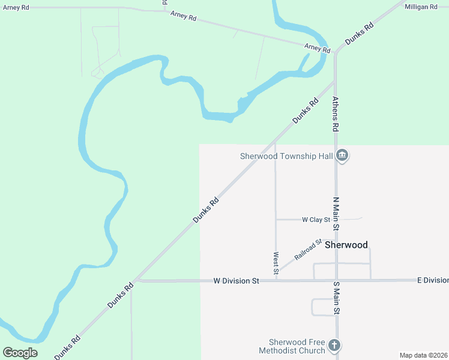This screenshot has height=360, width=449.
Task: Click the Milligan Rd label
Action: click(x=421, y=6)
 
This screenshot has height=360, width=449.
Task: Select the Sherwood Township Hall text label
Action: click(x=286, y=156)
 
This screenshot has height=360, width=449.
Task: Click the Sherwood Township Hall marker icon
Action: click(x=342, y=156)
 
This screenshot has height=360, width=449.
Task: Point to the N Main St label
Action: click(x=336, y=214)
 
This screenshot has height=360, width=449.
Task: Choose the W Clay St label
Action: click(x=316, y=220)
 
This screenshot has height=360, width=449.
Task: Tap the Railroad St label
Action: click(x=309, y=249)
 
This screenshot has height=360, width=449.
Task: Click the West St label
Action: click(x=276, y=263)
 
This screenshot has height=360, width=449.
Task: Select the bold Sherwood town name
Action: click(x=346, y=245)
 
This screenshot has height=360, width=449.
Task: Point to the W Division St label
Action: click(x=236, y=280)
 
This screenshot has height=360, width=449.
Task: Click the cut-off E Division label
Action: click(x=433, y=280)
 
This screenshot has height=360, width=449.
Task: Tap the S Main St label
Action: click(x=336, y=298)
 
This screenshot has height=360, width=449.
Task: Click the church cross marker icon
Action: click(x=334, y=346)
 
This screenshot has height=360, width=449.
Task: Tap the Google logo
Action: click(x=20, y=353)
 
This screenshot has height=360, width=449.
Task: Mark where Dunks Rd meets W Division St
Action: click(x=137, y=280)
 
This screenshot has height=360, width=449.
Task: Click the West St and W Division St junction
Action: click(x=276, y=280)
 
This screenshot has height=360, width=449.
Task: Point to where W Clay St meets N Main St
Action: click(x=336, y=220)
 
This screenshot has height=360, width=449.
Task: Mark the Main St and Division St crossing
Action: click(x=336, y=280)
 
